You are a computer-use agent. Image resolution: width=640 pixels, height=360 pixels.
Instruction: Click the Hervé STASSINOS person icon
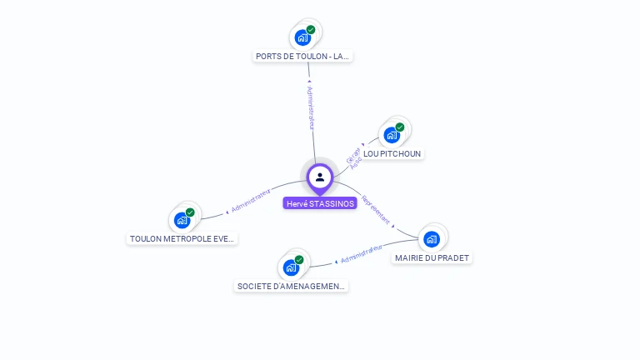pyautogui.click(x=320, y=177)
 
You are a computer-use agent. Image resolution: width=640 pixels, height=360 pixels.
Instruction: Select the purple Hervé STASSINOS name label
pyautogui.click(x=320, y=203)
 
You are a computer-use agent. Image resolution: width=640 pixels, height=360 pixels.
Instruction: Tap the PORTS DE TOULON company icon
pyautogui.click(x=302, y=37)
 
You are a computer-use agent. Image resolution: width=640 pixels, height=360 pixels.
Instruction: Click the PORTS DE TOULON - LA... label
pyautogui.click(x=303, y=57)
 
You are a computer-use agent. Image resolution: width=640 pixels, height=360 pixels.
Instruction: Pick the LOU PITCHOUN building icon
pyautogui.click(x=392, y=135)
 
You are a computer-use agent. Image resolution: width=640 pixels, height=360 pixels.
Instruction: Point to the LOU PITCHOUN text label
pyautogui.click(x=393, y=154)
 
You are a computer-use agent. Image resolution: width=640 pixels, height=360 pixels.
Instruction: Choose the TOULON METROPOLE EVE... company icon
pyautogui.click(x=182, y=221)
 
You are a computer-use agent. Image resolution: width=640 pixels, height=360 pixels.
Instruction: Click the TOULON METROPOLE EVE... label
pyautogui.click(x=182, y=239)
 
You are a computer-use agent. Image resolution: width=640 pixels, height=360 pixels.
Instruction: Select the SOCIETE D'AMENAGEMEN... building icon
pyautogui.click(x=291, y=267)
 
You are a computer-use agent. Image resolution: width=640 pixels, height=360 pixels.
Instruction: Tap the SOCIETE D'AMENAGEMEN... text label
pyautogui.click(x=291, y=287)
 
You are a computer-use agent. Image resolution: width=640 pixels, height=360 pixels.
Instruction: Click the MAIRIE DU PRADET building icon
pyautogui.click(x=432, y=239)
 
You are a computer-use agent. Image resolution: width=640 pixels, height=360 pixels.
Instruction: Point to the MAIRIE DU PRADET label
pyautogui.click(x=432, y=258)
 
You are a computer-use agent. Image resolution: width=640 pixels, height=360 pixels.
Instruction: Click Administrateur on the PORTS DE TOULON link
pyautogui.click(x=310, y=107)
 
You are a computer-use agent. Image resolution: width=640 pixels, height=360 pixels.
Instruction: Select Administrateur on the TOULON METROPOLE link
pyautogui.click(x=251, y=201)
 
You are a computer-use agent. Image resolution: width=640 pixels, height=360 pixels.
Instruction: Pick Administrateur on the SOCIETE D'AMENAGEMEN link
pyautogui.click(x=361, y=254)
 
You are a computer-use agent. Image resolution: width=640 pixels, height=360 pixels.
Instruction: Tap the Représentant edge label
pyautogui.click(x=376, y=211)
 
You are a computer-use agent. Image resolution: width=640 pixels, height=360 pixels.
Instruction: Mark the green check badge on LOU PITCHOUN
pyautogui.click(x=400, y=127)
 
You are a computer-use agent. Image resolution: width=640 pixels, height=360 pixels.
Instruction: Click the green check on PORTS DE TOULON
pyautogui.click(x=311, y=30)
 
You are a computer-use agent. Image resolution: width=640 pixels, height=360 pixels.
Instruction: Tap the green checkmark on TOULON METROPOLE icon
pyautogui.click(x=190, y=212)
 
